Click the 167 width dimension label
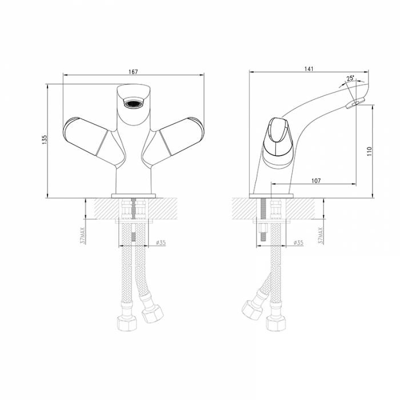(x=133, y=71)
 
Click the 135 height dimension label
(x=45, y=140)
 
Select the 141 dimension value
(x=309, y=69)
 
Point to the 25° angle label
(x=350, y=78)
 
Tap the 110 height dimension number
(x=369, y=151)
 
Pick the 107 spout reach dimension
(x=316, y=181)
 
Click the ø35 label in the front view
(x=161, y=242)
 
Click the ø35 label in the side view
(x=298, y=242)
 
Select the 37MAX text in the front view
(x=83, y=235)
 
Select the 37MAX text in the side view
(x=321, y=235)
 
